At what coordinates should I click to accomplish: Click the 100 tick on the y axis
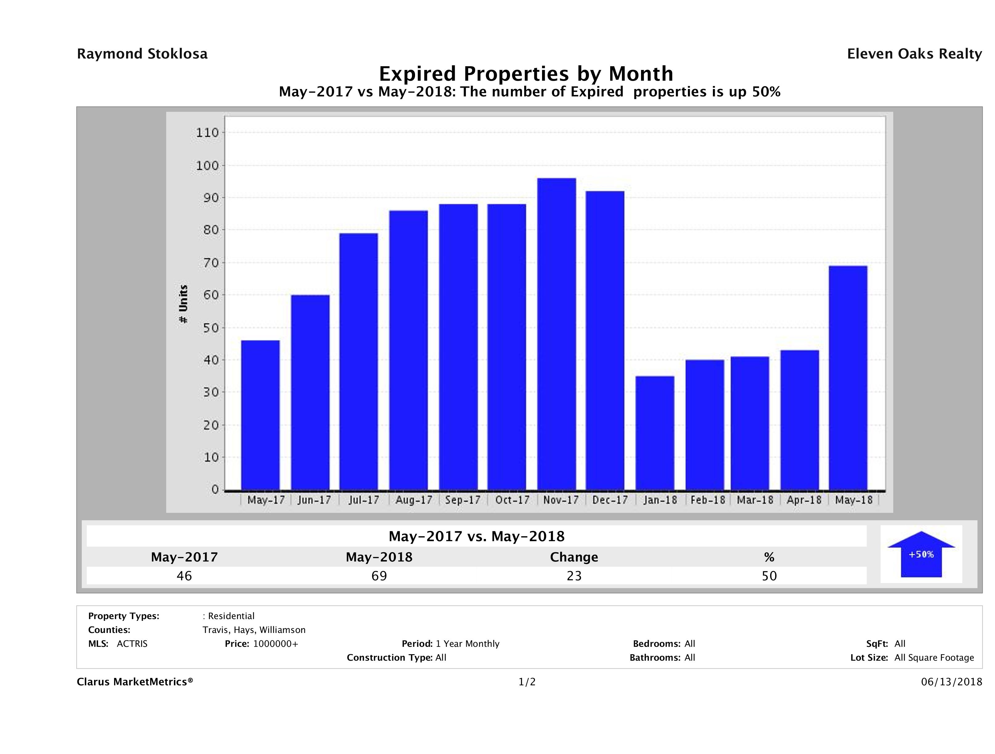pyautogui.click(x=207, y=166)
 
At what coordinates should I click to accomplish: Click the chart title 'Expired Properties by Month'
pyautogui.click(x=526, y=73)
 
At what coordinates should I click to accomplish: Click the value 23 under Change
pyautogui.click(x=574, y=576)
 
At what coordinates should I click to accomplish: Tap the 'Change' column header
pyautogui.click(x=574, y=557)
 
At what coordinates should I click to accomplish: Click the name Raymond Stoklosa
pyautogui.click(x=142, y=54)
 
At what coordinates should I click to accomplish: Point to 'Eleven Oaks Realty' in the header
pyautogui.click(x=914, y=54)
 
